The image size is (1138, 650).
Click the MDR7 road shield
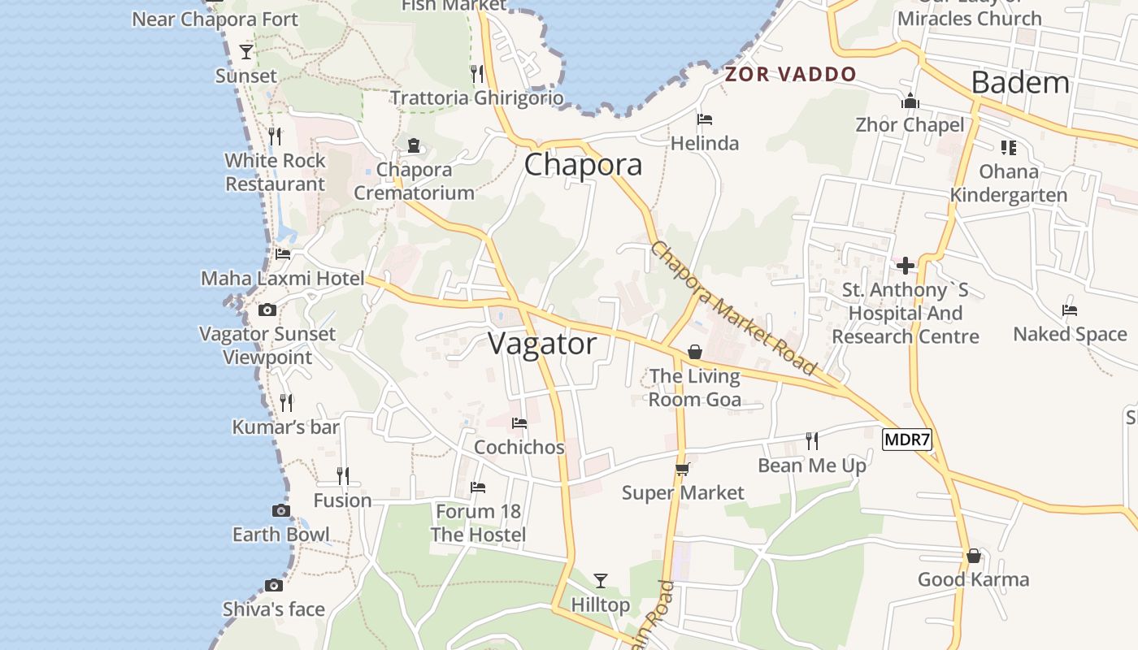click(906, 440)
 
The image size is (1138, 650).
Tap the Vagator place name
click(542, 344)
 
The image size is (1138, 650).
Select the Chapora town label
click(583, 165)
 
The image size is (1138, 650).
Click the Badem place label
click(1020, 83)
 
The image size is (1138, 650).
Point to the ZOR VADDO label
click(791, 75)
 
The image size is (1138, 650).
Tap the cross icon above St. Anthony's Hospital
click(906, 266)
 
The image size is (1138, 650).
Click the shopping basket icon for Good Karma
click(974, 557)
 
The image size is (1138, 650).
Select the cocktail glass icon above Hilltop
click(601, 580)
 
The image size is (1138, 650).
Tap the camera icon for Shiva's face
click(274, 586)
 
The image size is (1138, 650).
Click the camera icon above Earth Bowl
click(281, 510)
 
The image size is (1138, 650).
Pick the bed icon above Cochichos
click(519, 423)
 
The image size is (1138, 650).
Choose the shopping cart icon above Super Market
click(683, 469)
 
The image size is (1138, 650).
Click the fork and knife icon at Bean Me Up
click(811, 441)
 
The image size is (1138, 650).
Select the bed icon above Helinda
click(705, 119)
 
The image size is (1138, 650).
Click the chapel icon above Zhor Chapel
click(910, 101)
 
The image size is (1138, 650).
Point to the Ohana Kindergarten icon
click(1009, 148)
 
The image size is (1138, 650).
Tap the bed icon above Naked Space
click(1070, 310)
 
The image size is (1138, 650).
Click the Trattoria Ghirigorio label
click(477, 98)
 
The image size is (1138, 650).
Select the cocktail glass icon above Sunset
click(246, 52)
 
